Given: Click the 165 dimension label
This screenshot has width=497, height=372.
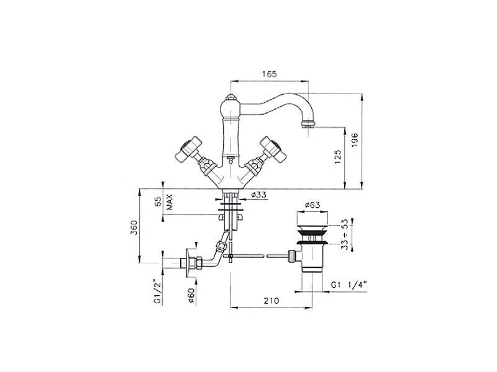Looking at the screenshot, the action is click(x=270, y=74).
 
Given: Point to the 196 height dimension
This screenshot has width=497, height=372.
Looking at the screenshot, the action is click(x=355, y=139).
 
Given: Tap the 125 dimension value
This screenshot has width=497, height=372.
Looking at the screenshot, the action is click(x=338, y=157).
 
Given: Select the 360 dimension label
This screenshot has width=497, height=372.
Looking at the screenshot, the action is click(x=134, y=227).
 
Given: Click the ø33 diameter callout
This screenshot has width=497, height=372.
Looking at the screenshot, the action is click(x=259, y=195).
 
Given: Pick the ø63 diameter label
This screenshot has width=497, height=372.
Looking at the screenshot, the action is click(x=312, y=205).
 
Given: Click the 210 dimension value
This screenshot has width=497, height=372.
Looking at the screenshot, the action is click(x=271, y=300).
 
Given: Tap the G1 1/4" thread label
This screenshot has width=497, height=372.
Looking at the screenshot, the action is click(x=349, y=285).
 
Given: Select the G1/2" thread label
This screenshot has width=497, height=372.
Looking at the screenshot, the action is click(x=158, y=291).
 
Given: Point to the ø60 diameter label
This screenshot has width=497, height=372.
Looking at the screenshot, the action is click(x=191, y=296).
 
